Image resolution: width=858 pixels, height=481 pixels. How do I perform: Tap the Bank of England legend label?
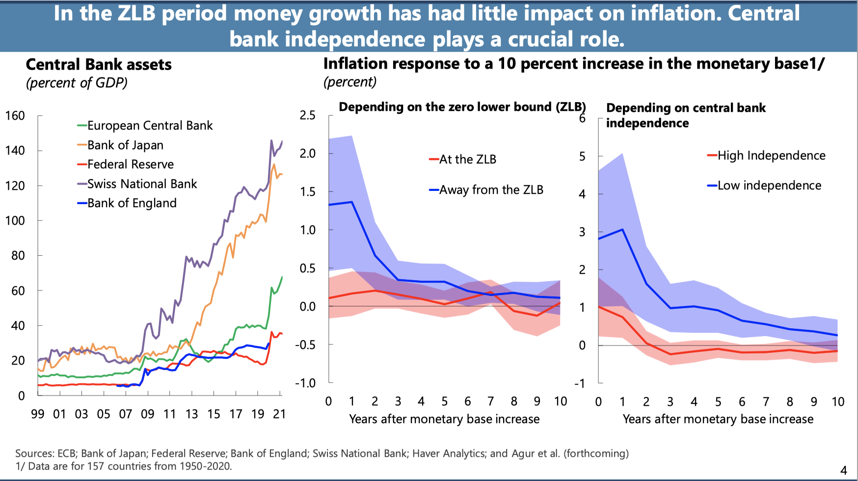click(132, 203)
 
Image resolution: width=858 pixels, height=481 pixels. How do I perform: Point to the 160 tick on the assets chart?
click(15, 116)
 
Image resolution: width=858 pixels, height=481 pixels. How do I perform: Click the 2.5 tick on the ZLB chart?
click(308, 115)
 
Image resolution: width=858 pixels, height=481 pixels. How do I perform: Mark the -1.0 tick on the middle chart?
click(305, 383)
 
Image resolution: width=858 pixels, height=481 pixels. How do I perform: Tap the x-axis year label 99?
click(38, 414)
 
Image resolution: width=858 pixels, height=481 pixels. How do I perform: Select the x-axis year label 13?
click(191, 414)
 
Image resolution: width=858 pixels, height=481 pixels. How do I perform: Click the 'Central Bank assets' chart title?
click(99, 65)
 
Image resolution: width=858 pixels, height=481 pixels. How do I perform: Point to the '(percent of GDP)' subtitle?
click(77, 83)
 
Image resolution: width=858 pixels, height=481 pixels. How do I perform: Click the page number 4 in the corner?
click(844, 470)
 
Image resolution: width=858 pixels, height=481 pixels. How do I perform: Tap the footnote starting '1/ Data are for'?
click(124, 466)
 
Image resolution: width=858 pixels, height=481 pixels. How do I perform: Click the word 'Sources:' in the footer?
click(34, 454)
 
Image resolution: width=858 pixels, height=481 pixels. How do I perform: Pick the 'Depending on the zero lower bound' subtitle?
click(462, 107)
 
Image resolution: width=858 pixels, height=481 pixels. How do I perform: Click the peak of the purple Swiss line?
click(271, 140)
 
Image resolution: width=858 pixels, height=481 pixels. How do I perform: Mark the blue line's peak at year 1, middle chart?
click(352, 202)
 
